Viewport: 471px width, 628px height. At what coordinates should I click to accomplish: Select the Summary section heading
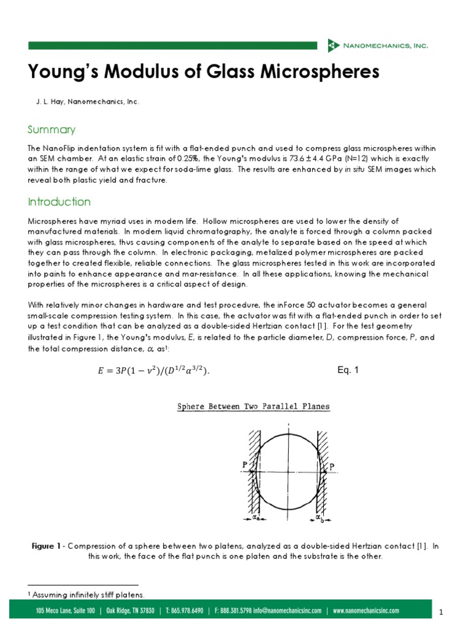(x=52, y=129)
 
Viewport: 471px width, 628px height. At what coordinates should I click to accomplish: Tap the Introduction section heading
(x=59, y=202)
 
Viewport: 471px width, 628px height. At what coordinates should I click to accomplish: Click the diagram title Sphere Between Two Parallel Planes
(x=253, y=406)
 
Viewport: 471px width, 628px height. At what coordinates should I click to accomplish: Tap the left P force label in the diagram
(x=244, y=464)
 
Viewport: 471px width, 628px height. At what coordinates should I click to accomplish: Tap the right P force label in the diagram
(x=332, y=467)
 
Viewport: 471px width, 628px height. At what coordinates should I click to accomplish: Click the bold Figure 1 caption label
(x=47, y=546)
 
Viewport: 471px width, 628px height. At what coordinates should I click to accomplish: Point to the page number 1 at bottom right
(x=441, y=613)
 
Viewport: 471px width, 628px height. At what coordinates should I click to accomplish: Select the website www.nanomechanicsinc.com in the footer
(x=366, y=611)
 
